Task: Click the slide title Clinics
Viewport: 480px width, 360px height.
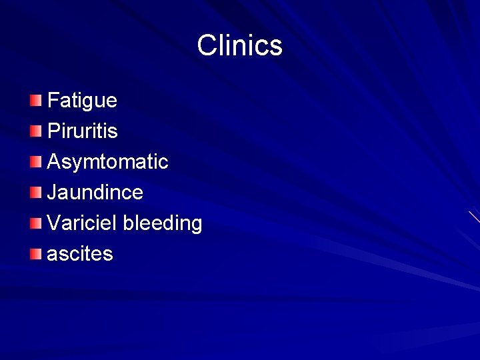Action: (x=240, y=46)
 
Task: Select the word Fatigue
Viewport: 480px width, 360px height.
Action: (x=82, y=101)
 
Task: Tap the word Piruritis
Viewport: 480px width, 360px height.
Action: (x=83, y=131)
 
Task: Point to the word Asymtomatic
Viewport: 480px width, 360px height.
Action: (x=108, y=162)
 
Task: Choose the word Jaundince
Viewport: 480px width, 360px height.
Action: (x=95, y=193)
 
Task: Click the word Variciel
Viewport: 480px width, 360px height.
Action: (x=83, y=223)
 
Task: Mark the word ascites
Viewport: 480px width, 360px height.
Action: (x=80, y=254)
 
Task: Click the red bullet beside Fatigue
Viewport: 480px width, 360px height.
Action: (x=35, y=101)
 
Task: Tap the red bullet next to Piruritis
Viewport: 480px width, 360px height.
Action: (x=35, y=131)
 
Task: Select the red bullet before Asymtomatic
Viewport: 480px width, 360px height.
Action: (x=35, y=162)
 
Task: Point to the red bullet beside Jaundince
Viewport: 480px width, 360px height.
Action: (x=35, y=193)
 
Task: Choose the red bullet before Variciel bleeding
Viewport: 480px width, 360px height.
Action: (x=35, y=223)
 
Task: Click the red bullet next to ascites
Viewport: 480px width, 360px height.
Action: (x=35, y=254)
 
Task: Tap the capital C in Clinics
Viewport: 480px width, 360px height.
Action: (x=207, y=46)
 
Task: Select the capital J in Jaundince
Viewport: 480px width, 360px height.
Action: (x=52, y=192)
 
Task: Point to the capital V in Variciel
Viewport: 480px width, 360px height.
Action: (x=54, y=223)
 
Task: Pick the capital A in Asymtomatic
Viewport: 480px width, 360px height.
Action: (x=54, y=161)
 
